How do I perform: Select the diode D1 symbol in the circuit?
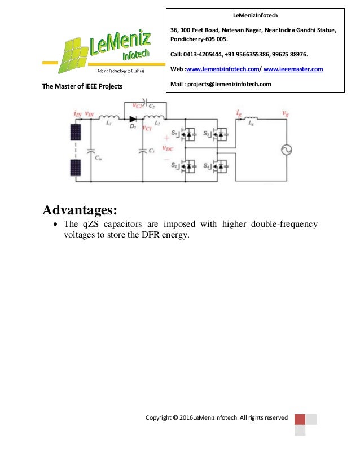click(x=133, y=119)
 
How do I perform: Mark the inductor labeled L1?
click(x=109, y=118)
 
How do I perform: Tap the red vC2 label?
click(x=137, y=105)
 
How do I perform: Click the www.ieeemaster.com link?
click(x=293, y=69)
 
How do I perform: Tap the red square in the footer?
click(x=300, y=419)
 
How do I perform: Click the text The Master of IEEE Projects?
click(x=82, y=86)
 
